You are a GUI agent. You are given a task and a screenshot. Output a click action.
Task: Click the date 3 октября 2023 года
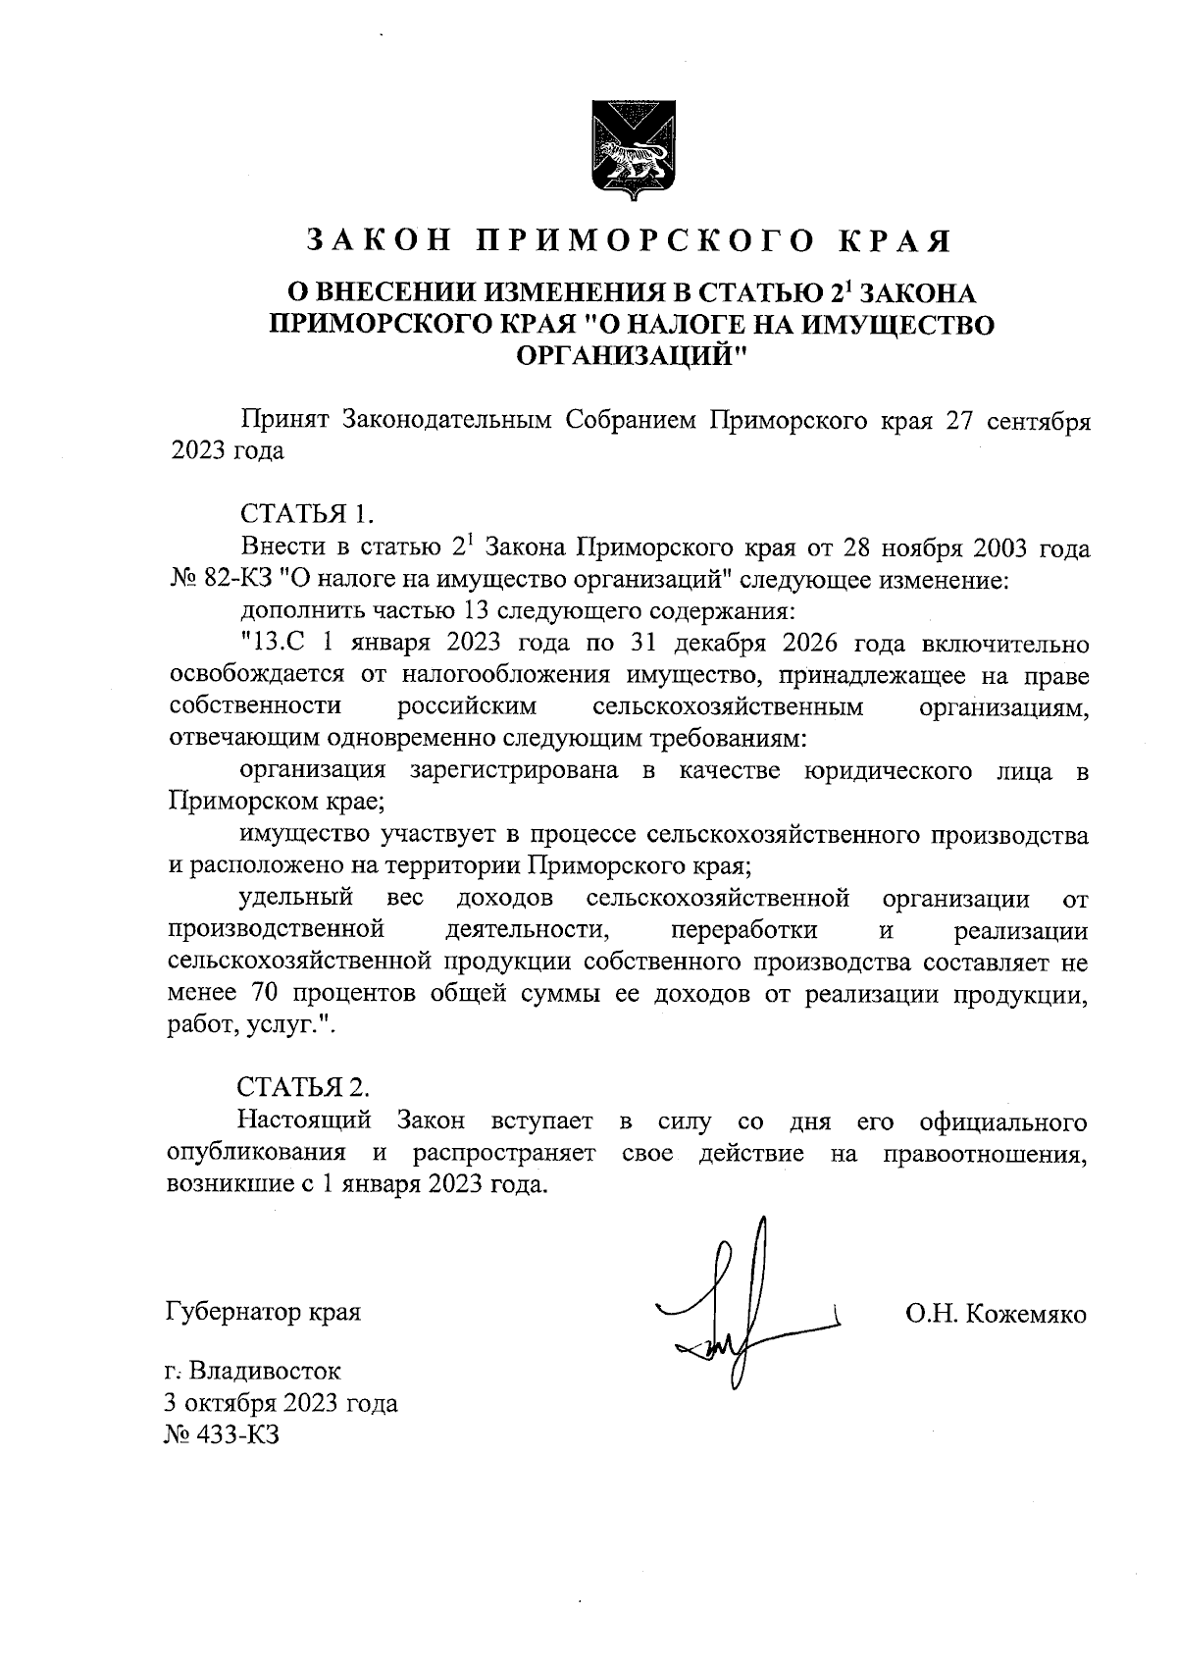pyautogui.click(x=282, y=1403)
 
